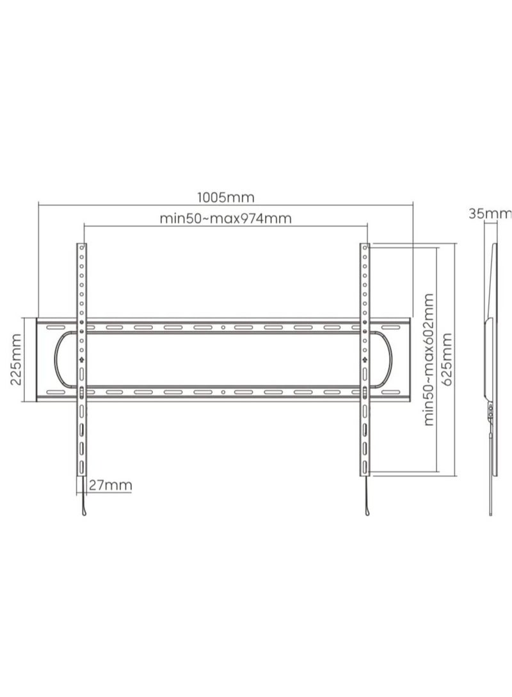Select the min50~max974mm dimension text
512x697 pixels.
[225, 219]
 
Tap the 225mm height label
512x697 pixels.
[17, 359]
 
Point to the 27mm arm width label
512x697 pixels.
[109, 485]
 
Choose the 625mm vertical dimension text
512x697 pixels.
[447, 359]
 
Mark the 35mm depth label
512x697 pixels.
[490, 213]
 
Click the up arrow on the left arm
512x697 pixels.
[81, 359]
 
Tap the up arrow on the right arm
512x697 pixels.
[364, 359]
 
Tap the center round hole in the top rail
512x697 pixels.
[223, 327]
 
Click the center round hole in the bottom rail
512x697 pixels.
[223, 391]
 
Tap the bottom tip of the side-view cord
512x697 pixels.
[492, 512]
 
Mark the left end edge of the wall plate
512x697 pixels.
[38, 359]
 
